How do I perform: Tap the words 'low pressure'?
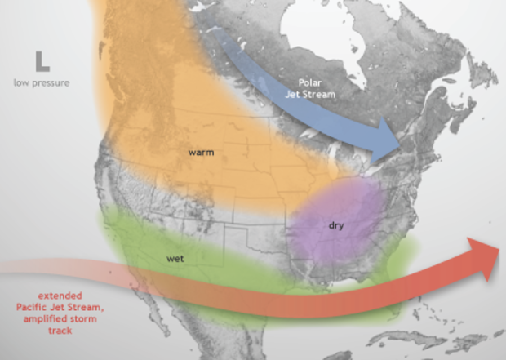pyautogui.click(x=42, y=83)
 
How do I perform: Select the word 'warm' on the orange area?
pyautogui.click(x=200, y=152)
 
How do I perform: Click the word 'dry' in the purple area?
pyautogui.click(x=335, y=224)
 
